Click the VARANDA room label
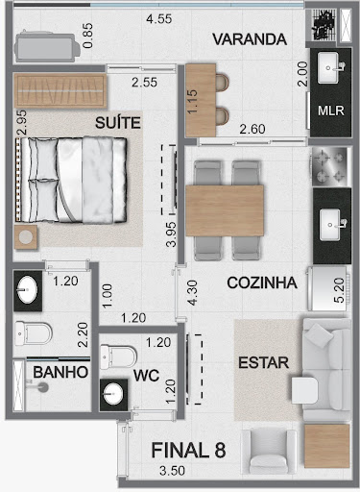(x=250, y=39)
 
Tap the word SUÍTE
(x=118, y=123)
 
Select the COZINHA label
(x=262, y=283)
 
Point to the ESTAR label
(x=264, y=362)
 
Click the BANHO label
(x=60, y=372)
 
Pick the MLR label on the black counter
(x=331, y=111)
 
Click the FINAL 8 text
(x=188, y=450)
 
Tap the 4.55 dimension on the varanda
(x=159, y=19)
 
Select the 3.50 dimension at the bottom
(x=172, y=471)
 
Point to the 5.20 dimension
(x=339, y=290)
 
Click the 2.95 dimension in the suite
(x=22, y=123)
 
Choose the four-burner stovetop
(x=329, y=166)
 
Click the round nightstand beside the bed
(x=26, y=237)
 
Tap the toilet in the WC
(x=118, y=357)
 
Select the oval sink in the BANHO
(x=27, y=289)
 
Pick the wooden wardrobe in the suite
(x=60, y=91)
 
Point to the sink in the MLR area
(x=328, y=68)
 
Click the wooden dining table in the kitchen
(x=225, y=210)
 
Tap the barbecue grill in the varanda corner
(x=321, y=25)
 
